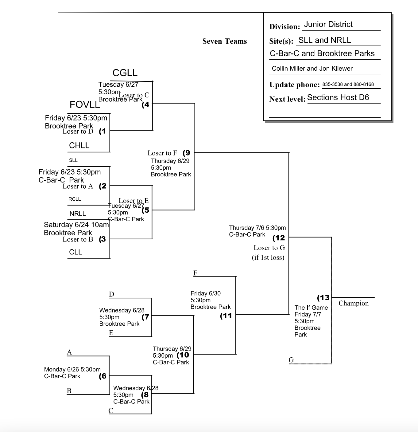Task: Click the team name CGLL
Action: point(125,73)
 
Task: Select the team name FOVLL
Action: point(85,105)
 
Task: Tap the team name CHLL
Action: point(79,145)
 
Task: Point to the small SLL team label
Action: point(73,160)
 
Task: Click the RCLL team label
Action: point(75,199)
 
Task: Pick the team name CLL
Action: point(75,252)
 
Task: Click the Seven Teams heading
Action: point(225,41)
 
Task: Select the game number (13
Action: point(323,297)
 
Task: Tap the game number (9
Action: point(186,153)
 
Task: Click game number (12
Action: point(279,238)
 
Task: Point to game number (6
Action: point(103,376)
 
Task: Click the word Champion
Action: point(354,303)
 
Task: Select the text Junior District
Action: point(328,25)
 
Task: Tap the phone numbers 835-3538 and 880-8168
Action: point(348,84)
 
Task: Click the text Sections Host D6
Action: point(338,97)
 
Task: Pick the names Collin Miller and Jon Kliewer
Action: point(312,69)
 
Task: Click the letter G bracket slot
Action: point(291,360)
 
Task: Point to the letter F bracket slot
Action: point(195,273)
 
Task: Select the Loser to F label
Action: point(162,153)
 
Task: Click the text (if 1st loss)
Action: point(268,257)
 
